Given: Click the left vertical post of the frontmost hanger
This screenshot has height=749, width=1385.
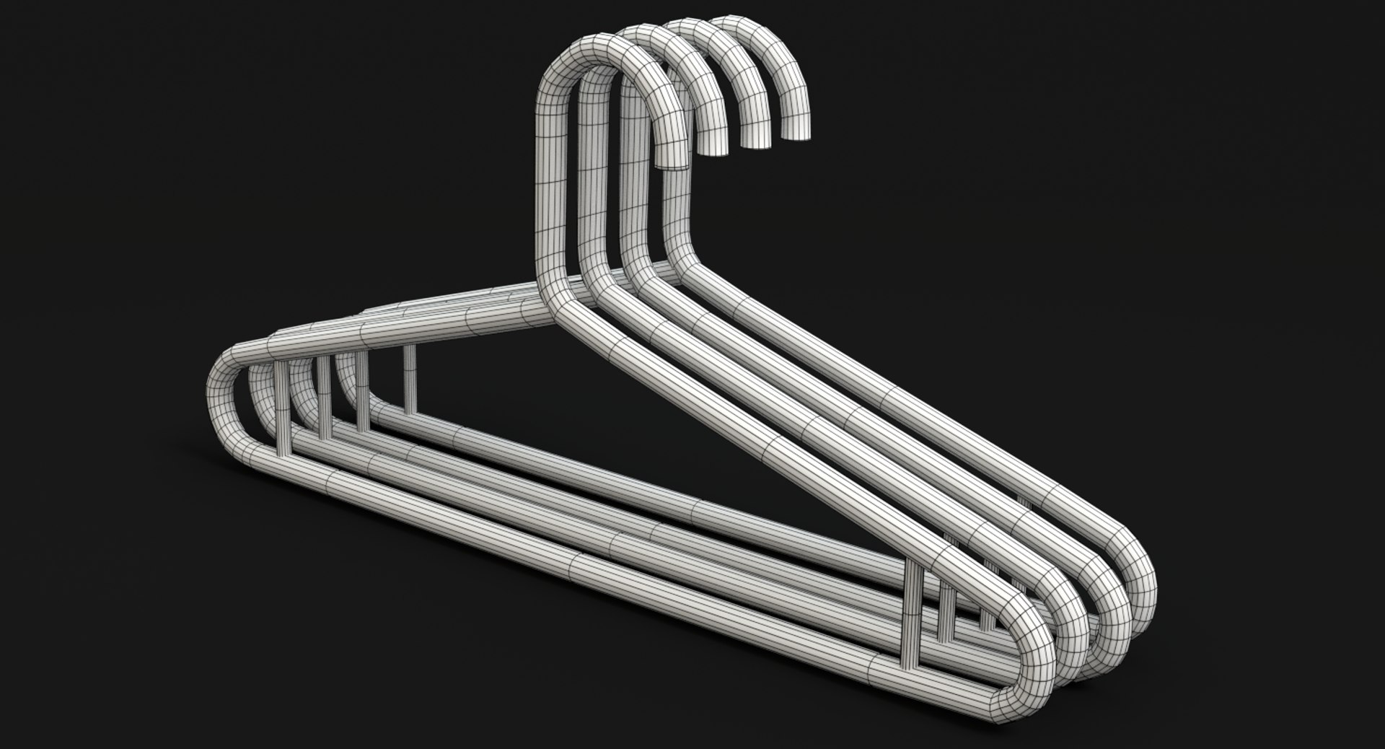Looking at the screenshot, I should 282,408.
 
